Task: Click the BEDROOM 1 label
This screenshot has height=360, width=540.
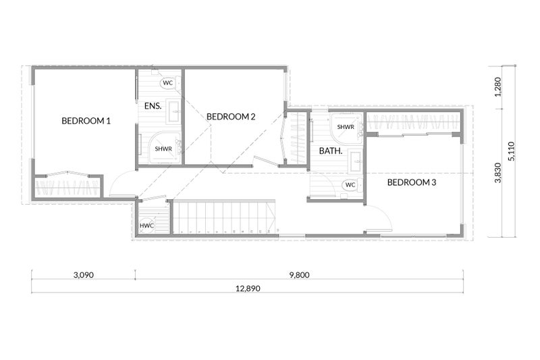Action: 86,121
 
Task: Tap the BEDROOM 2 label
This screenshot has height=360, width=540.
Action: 231,117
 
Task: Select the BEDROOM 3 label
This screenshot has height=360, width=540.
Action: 412,182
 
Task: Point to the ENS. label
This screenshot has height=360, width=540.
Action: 153,106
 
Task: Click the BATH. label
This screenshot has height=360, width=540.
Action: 331,151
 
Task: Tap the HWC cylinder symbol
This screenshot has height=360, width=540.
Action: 146,226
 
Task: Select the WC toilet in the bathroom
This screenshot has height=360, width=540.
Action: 352,185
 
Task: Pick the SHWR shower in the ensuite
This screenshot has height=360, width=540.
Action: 164,148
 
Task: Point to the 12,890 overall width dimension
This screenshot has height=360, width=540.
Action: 248,288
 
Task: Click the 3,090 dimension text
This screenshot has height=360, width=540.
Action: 84,275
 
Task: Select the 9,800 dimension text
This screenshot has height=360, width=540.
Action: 300,275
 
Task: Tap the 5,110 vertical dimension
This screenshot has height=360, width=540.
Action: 512,151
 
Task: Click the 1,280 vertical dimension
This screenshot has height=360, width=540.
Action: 497,87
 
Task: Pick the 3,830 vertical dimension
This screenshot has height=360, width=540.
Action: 497,173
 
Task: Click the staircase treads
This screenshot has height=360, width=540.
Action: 224,217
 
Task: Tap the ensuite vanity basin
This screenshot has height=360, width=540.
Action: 173,112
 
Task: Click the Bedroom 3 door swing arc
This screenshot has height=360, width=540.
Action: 385,213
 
